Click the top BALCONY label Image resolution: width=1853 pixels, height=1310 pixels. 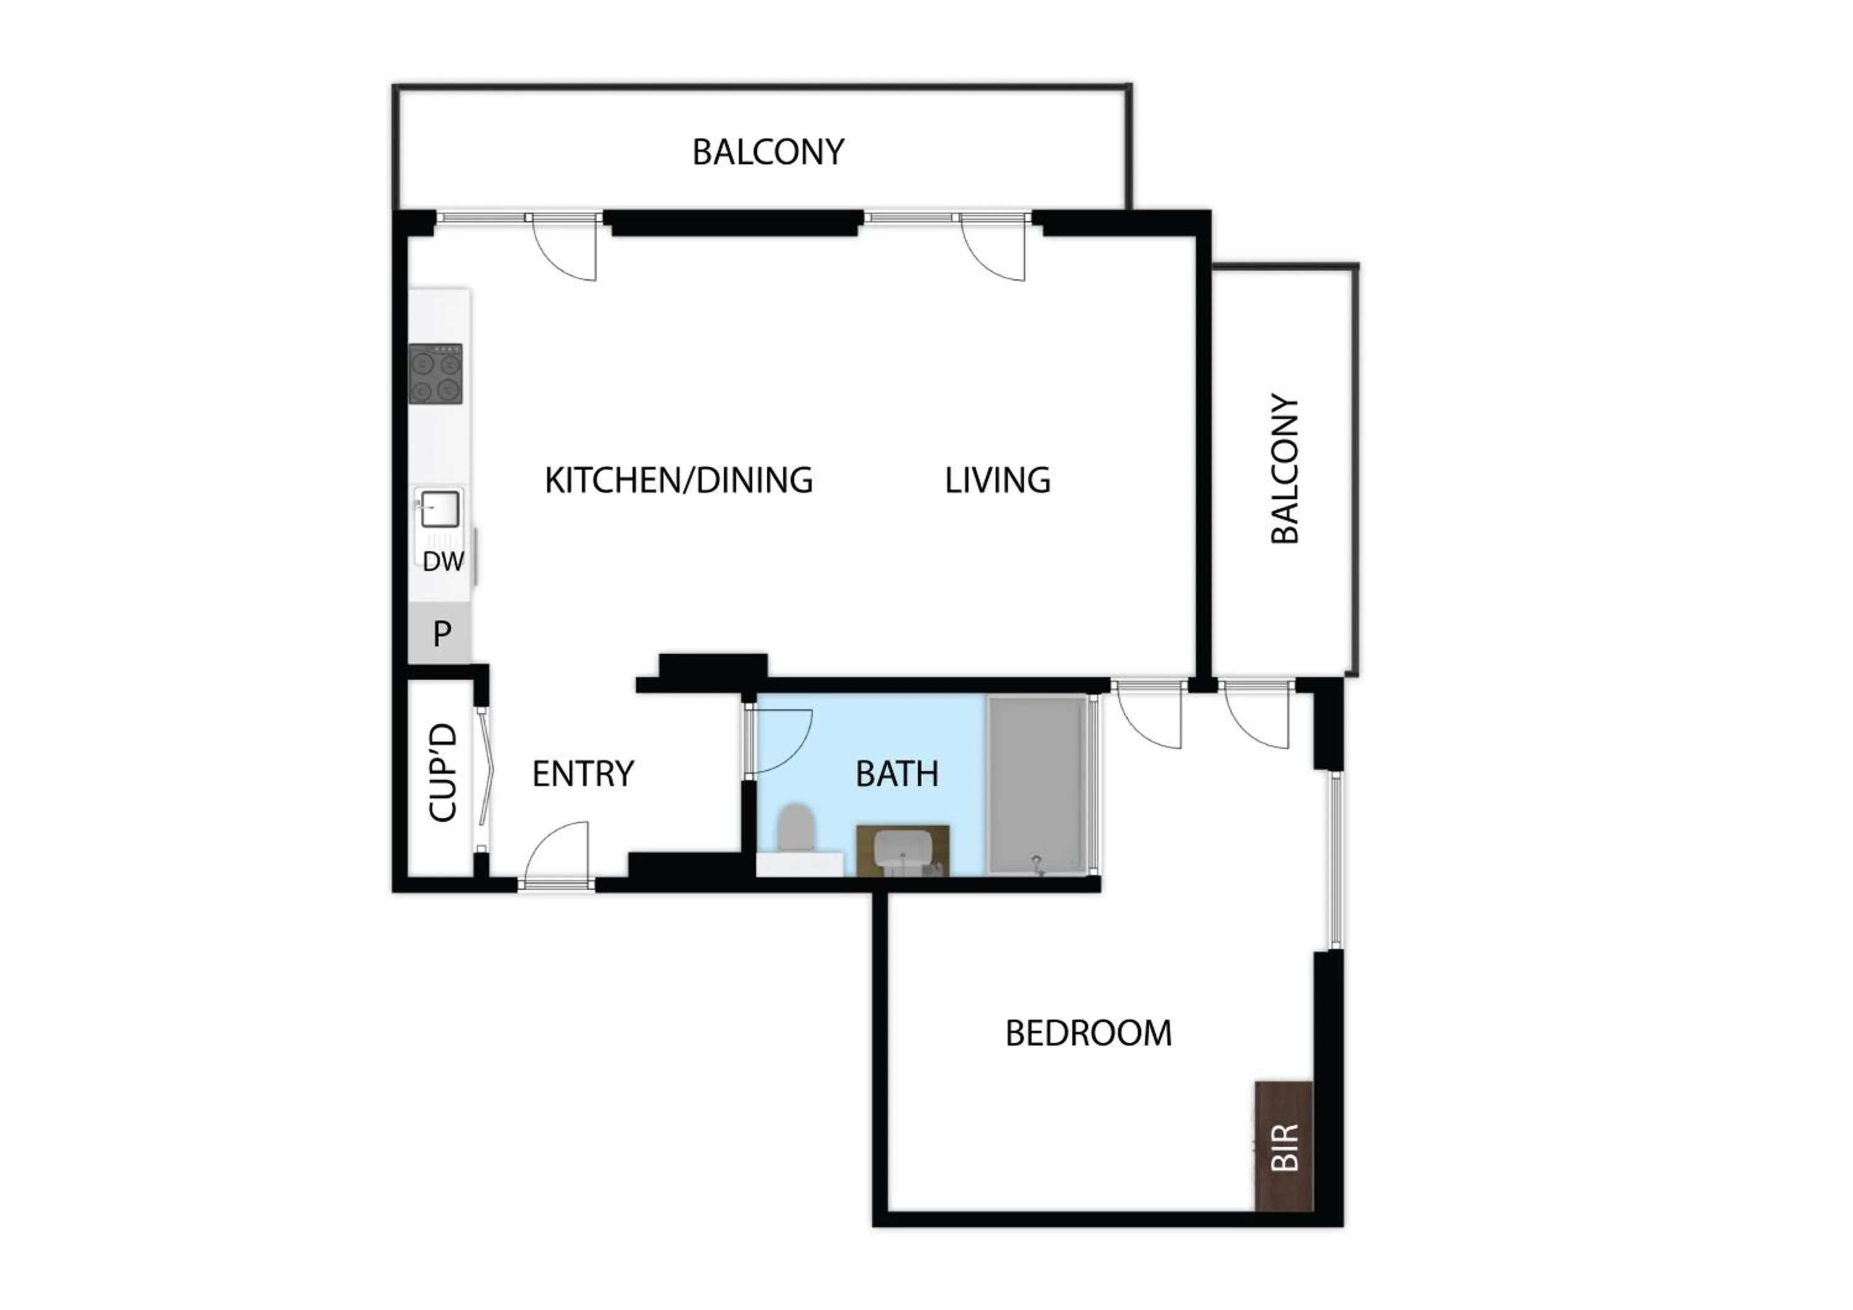click(x=768, y=152)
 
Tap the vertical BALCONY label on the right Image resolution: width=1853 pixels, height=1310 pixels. click(x=1285, y=469)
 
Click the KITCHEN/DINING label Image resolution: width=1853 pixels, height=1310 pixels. click(x=678, y=480)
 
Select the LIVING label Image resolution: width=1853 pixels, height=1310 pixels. click(x=998, y=480)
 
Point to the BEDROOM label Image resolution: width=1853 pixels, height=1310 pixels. click(x=1088, y=1033)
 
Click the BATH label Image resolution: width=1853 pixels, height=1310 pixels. click(x=897, y=774)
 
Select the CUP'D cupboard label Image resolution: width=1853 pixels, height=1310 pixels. click(x=442, y=772)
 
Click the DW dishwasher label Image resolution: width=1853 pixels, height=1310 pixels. click(x=443, y=561)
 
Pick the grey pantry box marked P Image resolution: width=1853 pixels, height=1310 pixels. click(x=440, y=633)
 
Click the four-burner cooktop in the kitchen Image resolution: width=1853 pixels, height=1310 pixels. click(x=436, y=374)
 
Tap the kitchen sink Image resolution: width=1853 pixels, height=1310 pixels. click(x=439, y=509)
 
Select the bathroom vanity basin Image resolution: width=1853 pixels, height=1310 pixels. click(x=903, y=851)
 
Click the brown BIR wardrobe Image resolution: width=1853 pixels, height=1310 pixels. click(x=1284, y=1146)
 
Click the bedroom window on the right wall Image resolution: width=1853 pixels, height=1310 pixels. click(x=1335, y=860)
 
